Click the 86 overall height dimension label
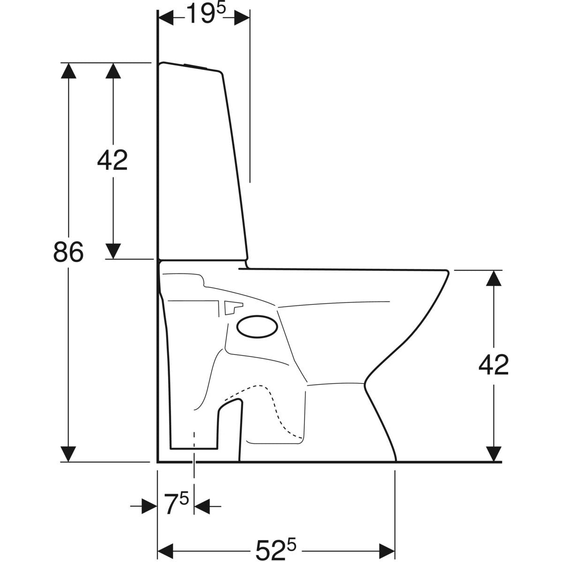[68, 252]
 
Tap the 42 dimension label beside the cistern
[112, 160]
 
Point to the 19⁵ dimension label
[206, 14]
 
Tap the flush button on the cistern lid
[196, 66]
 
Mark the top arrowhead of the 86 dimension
[68, 71]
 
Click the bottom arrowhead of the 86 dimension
[68, 454]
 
